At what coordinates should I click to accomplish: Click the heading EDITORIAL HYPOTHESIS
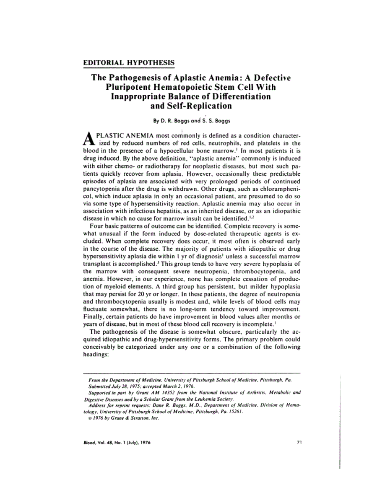(x=129, y=63)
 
